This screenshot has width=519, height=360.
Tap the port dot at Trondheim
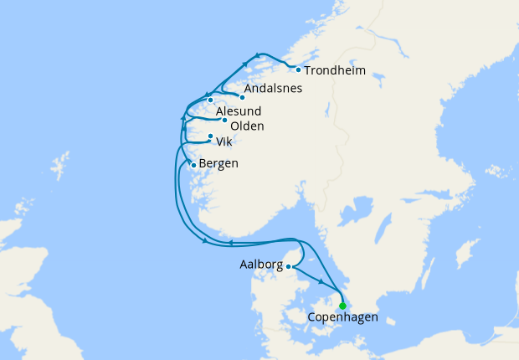[298, 69]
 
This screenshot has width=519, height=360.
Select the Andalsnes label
[272, 88]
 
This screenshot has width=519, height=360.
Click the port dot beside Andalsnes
[242, 96]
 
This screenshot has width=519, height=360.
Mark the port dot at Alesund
[211, 101]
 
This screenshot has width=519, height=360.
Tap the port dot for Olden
[224, 121]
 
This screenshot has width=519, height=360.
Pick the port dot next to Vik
[210, 136]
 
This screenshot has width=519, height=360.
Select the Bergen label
[219, 163]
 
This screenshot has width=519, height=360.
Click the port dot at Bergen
[194, 165]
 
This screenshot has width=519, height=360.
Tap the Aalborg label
[260, 265]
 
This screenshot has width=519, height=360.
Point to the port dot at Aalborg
[289, 267]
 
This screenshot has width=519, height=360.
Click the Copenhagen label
[343, 318]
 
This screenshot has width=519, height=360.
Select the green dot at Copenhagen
[342, 306]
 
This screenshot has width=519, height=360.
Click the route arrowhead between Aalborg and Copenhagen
[321, 282]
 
